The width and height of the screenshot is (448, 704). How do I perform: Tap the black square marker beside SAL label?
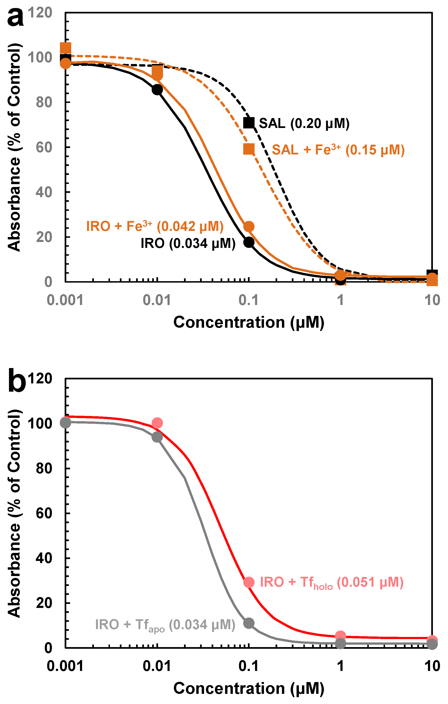[x=249, y=123]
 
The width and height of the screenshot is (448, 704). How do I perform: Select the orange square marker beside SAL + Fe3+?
[x=249, y=149]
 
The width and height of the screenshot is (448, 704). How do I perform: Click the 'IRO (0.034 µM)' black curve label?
[x=188, y=243]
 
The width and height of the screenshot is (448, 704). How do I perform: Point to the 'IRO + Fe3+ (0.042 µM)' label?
[x=155, y=226]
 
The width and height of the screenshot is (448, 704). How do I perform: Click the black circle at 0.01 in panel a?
[x=157, y=90]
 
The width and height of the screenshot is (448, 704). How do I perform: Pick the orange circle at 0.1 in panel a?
[x=249, y=226]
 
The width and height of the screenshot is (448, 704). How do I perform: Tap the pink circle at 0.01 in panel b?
[x=157, y=423]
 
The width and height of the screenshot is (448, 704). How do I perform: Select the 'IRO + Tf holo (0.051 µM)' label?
[x=332, y=582]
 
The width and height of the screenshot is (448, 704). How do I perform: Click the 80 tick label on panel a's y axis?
[x=44, y=102]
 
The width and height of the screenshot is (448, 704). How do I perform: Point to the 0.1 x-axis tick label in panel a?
[x=249, y=300]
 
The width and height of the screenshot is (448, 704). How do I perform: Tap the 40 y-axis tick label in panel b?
[x=44, y=558]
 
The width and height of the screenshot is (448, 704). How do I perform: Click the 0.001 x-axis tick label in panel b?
[x=65, y=666]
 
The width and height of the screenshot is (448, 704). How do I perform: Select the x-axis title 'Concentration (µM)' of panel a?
[x=249, y=322]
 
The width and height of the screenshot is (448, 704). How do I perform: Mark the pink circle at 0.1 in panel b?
[x=249, y=582]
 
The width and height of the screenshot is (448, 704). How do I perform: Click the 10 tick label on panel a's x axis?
[x=432, y=300]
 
